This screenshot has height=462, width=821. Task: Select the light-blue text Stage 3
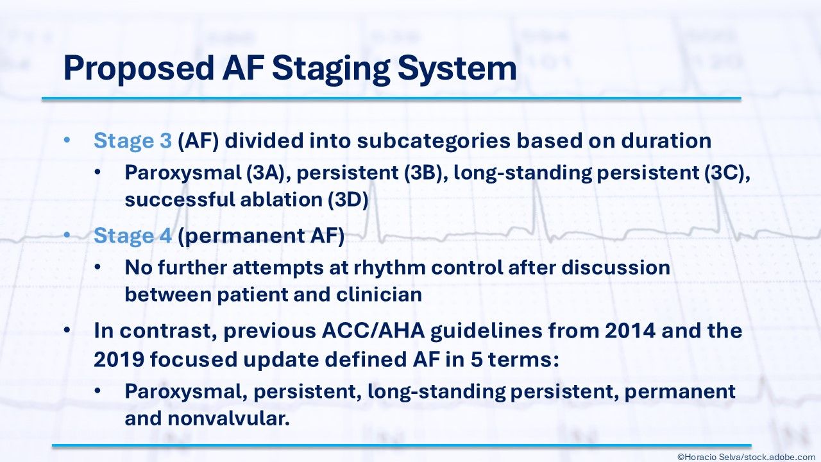click(133, 141)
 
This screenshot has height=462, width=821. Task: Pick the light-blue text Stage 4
click(133, 235)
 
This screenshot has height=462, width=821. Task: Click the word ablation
click(281, 200)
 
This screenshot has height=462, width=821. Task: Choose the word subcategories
click(434, 141)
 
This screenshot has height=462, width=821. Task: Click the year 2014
click(630, 330)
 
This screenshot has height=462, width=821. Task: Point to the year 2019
click(119, 360)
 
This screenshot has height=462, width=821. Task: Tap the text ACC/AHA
click(373, 330)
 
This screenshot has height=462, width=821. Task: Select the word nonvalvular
click(229, 418)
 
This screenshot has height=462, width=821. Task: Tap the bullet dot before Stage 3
click(67, 141)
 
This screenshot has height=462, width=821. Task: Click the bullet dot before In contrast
click(67, 330)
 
